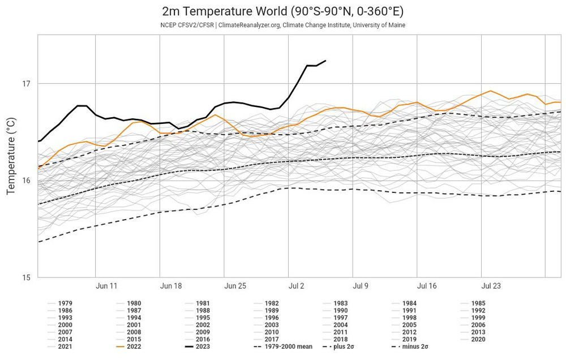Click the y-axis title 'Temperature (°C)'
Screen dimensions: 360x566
click(x=11, y=156)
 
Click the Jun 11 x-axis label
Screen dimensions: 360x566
click(x=106, y=286)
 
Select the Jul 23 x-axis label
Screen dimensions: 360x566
click(x=490, y=286)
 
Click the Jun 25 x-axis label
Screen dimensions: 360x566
click(x=234, y=286)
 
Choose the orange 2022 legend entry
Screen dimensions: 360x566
click(x=134, y=346)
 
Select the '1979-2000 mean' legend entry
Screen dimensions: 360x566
click(x=283, y=346)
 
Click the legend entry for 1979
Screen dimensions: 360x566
click(x=65, y=303)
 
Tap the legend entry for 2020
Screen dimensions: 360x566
click(x=477, y=339)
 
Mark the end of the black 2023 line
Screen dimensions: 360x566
click(x=325, y=61)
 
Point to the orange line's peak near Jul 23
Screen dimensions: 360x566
click(x=490, y=91)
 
